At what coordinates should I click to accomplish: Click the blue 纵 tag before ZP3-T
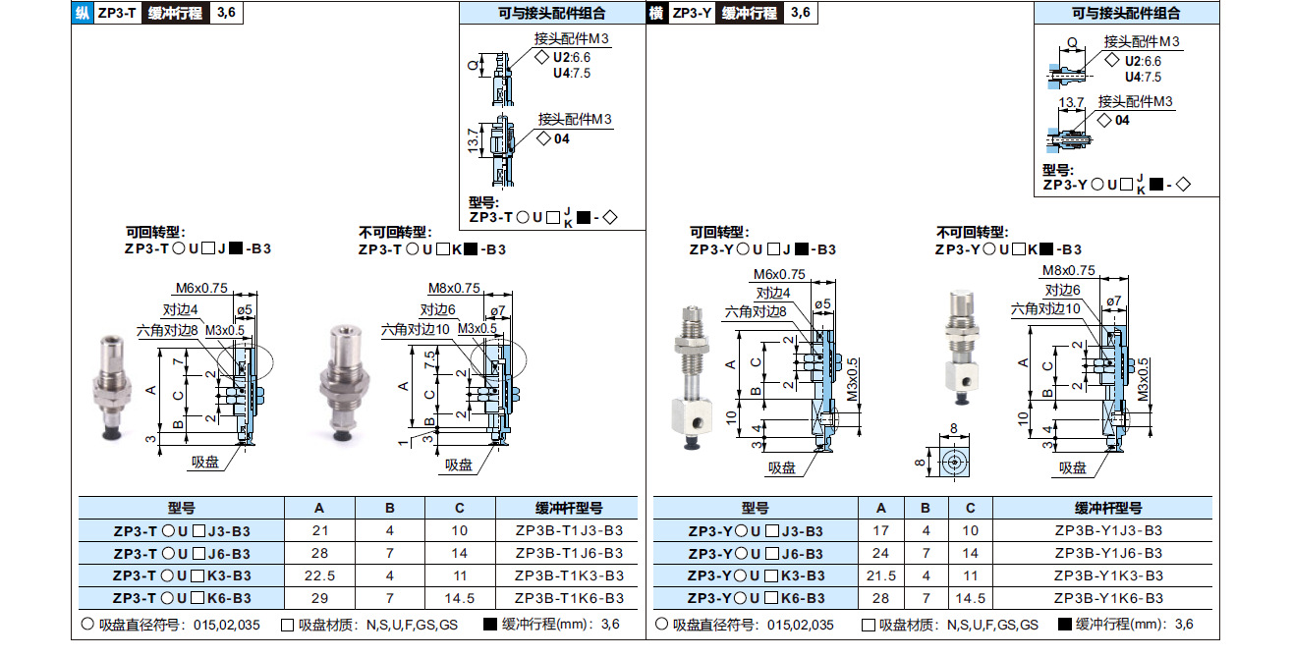point(83,13)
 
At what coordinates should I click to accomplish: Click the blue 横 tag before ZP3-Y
point(656,13)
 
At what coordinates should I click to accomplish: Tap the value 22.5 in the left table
point(318,575)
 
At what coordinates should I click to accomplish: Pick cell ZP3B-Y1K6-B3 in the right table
point(1108,598)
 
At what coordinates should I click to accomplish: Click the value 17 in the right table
point(881,530)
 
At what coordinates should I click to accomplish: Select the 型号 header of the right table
point(756,508)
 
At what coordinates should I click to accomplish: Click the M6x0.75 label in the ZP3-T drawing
point(201,288)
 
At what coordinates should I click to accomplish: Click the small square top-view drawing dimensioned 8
point(949,462)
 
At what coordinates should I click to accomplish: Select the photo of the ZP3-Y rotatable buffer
point(693,378)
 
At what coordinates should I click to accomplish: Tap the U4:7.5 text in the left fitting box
point(571,73)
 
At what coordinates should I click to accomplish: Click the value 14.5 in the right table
point(970,598)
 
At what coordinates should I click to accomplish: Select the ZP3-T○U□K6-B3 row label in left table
point(181,598)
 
